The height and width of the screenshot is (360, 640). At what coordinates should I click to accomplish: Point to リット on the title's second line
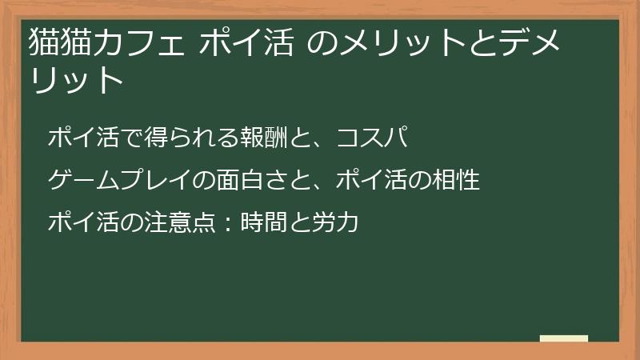tap(76, 79)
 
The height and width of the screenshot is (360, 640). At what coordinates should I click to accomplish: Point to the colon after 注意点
tap(226, 222)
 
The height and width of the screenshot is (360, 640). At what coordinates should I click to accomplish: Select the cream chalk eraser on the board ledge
tap(564, 338)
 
